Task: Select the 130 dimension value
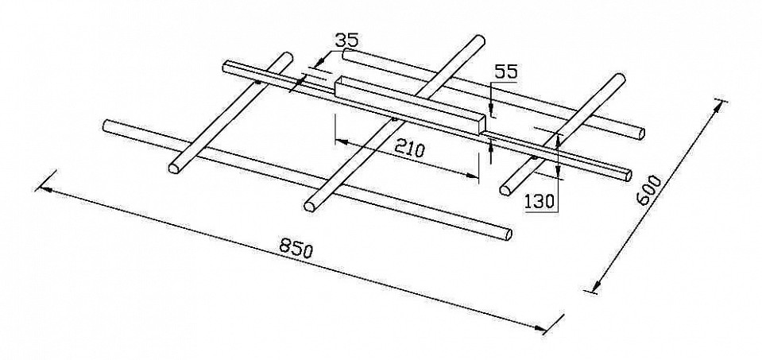tap(540, 200)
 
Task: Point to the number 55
tap(506, 72)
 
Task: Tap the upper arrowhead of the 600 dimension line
tap(719, 109)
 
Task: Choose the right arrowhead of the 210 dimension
tap(472, 175)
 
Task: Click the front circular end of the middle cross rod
tap(309, 206)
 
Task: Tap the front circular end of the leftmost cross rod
tap(173, 168)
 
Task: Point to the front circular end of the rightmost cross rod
tap(505, 189)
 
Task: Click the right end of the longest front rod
tap(507, 234)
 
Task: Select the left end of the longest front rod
tap(107, 125)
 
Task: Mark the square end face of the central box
tap(481, 124)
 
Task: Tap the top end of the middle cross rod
tap(478, 40)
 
